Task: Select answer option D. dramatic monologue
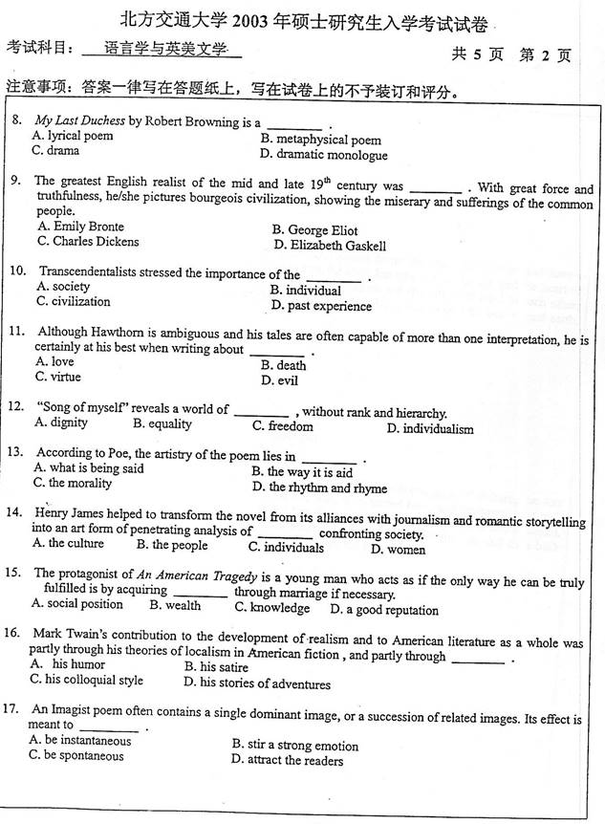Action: tap(324, 155)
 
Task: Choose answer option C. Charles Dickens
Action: tap(88, 242)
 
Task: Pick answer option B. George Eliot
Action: tap(314, 229)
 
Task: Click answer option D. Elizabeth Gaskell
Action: tap(330, 246)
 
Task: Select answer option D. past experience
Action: tap(321, 306)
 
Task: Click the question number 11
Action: tap(16, 332)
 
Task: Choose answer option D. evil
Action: tap(279, 380)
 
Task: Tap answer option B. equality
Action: tap(162, 423)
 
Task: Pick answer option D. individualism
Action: tap(429, 428)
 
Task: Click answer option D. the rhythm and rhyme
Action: tap(319, 488)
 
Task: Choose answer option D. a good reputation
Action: tap(384, 610)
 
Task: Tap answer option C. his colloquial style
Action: tap(87, 680)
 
